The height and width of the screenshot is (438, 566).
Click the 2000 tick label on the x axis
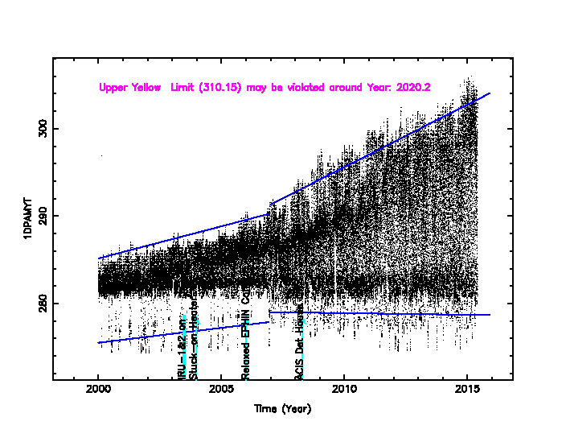coord(98,390)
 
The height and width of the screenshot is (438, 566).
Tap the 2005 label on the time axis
coord(221,390)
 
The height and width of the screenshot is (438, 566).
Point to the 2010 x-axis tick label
coord(344,390)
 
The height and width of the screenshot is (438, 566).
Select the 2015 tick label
coord(467,390)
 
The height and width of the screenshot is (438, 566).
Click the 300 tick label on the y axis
coord(42,128)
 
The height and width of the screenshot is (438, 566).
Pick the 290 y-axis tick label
coord(42,216)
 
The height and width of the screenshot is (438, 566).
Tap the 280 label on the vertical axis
coord(42,304)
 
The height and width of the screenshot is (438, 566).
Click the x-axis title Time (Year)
coord(282,409)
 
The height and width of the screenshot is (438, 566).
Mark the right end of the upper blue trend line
coord(489,93)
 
